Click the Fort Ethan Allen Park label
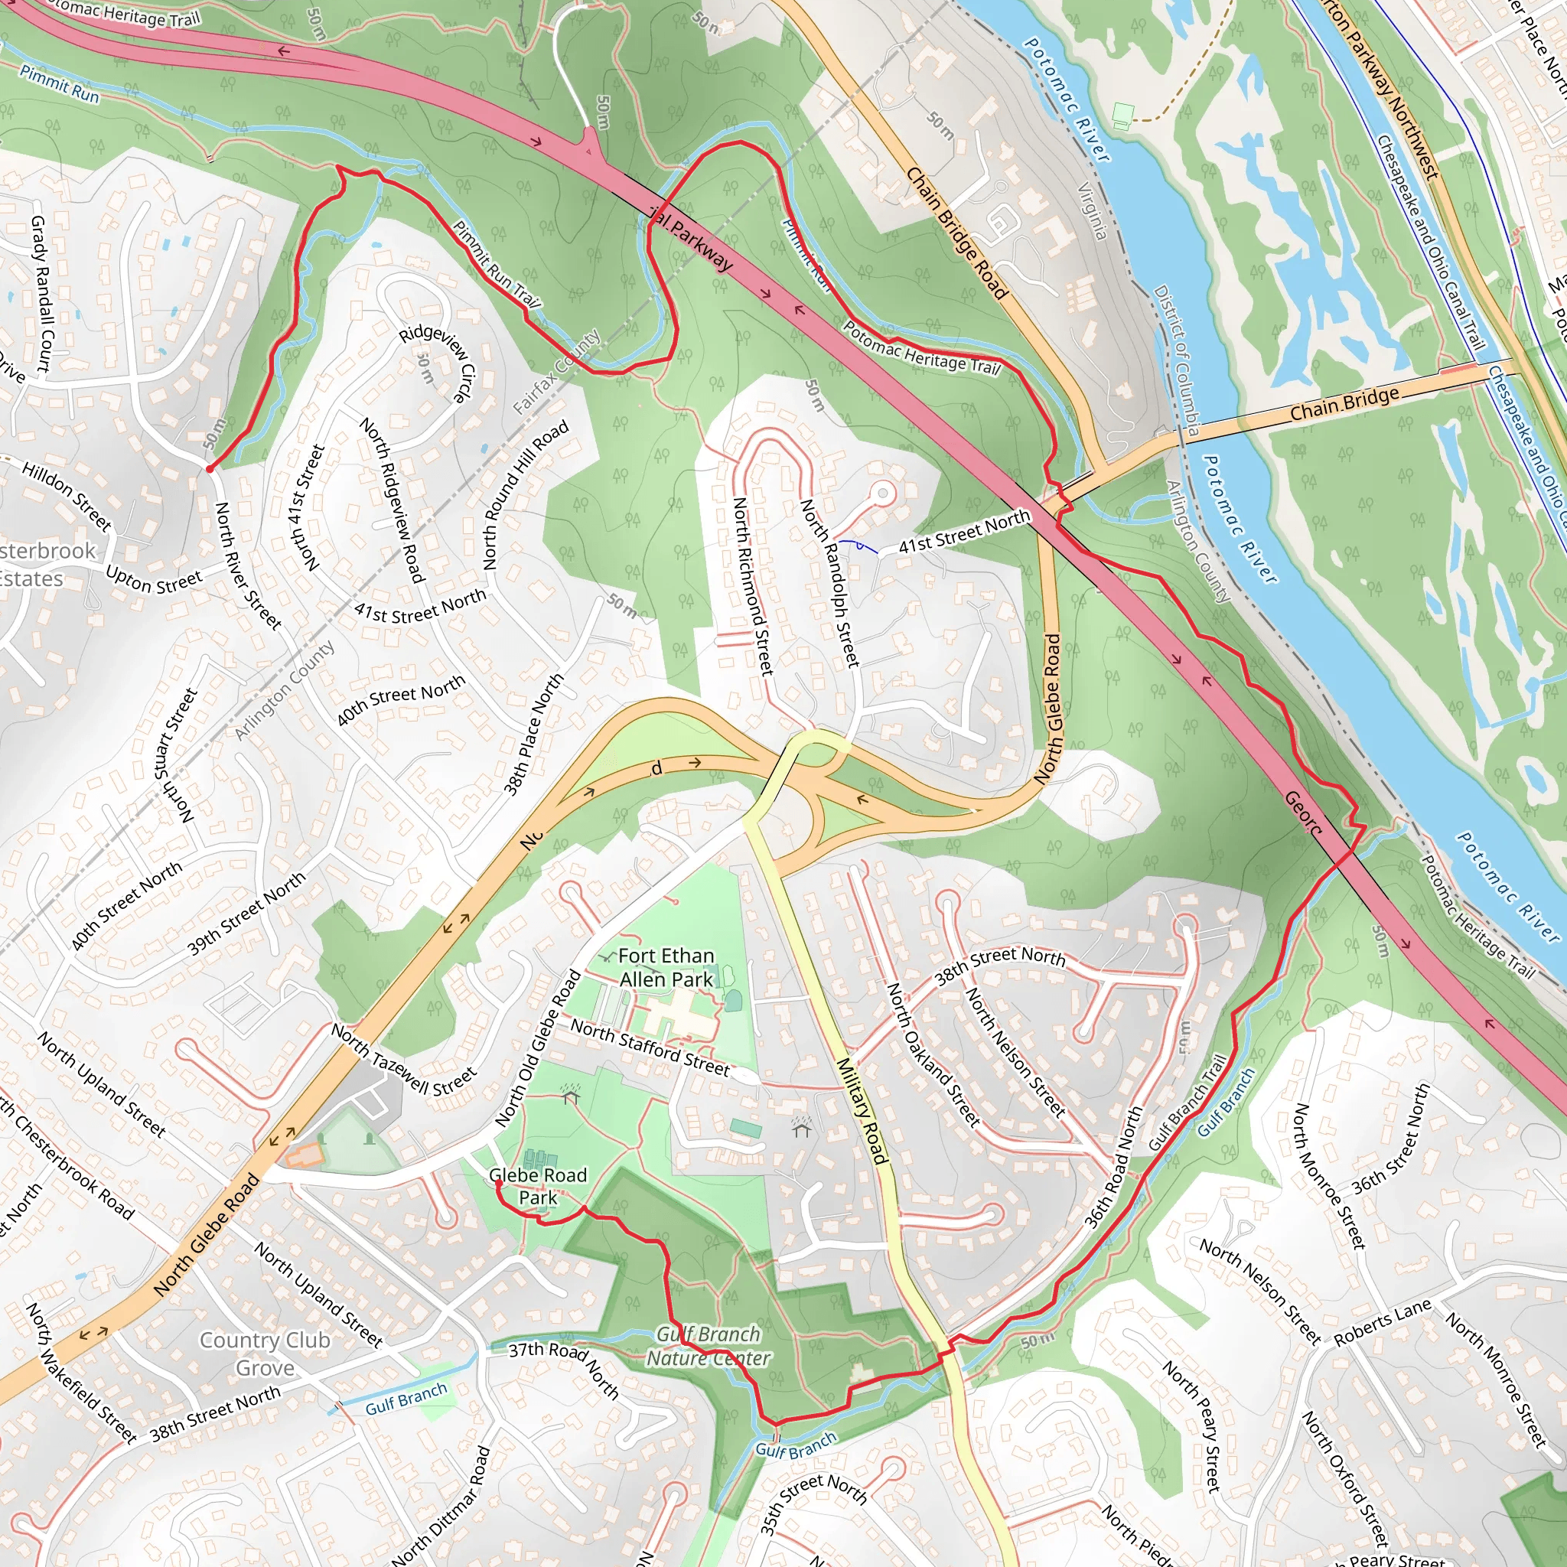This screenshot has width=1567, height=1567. pyautogui.click(x=666, y=968)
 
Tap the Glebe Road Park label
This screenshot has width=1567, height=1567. pyautogui.click(x=538, y=1186)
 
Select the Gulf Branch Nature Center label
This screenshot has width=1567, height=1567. pyautogui.click(x=708, y=1347)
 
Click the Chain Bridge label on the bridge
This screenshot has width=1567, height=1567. pyautogui.click(x=1344, y=403)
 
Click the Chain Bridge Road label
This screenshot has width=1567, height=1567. pyautogui.click(x=956, y=233)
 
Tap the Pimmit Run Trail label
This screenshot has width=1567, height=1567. pyautogui.click(x=496, y=265)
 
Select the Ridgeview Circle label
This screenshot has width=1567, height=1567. pyautogui.click(x=438, y=363)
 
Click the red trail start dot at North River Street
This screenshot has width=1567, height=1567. pyautogui.click(x=209, y=469)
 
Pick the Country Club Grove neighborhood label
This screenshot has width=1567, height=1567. pyautogui.click(x=265, y=1354)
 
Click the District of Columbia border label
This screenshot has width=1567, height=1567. pyautogui.click(x=1176, y=361)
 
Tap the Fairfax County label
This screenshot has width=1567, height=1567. pyautogui.click(x=556, y=371)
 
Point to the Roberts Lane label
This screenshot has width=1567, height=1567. pyautogui.click(x=1382, y=1323)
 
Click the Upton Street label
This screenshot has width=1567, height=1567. pyautogui.click(x=153, y=581)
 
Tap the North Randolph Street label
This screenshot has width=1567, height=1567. pyautogui.click(x=829, y=583)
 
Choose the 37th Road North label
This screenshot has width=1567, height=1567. pyautogui.click(x=564, y=1370)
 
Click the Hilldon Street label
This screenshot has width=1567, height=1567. pyautogui.click(x=67, y=496)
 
